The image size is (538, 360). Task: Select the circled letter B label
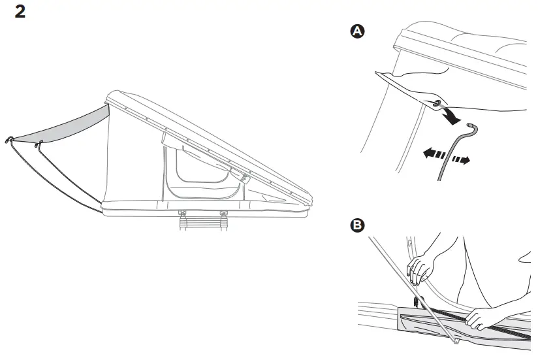(357, 225)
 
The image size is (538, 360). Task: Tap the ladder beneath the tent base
(203, 223)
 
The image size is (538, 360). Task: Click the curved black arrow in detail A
(451, 114)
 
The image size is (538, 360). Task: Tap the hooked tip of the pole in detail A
(473, 128)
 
